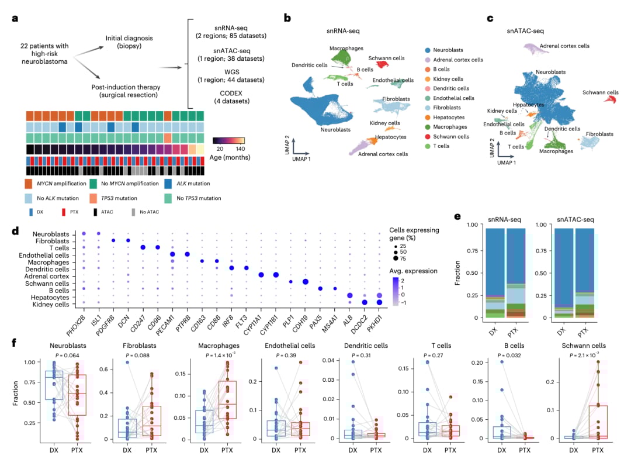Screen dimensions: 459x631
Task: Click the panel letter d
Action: point(15,231)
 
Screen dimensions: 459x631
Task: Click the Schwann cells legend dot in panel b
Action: point(429,136)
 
